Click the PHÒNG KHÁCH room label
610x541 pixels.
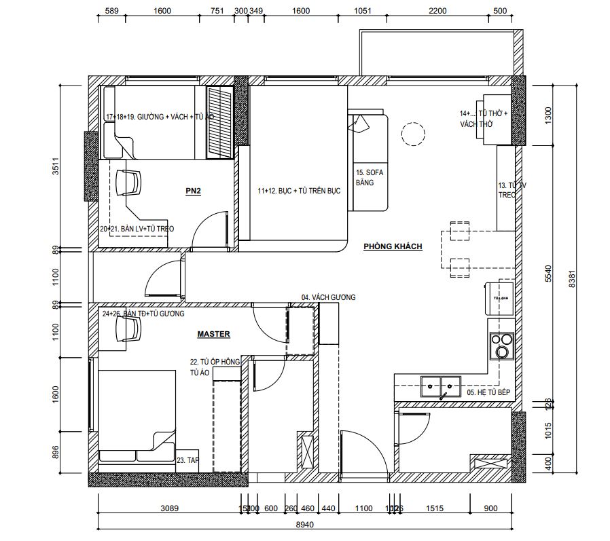click(393, 246)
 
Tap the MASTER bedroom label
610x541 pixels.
click(213, 334)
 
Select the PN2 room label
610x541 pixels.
click(193, 191)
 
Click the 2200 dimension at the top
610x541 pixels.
click(437, 11)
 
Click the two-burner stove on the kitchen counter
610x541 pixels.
click(502, 345)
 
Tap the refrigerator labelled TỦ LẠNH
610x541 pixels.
click(499, 297)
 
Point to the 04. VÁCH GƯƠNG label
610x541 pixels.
click(329, 297)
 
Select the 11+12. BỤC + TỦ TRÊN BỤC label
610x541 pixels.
click(298, 191)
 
